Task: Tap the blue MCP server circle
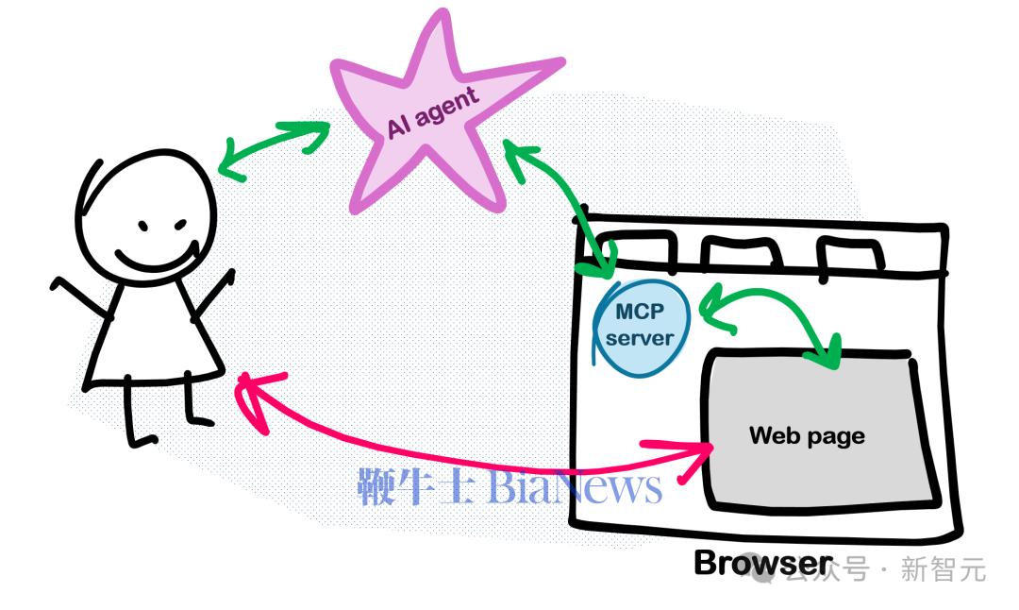643,326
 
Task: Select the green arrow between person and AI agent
274,148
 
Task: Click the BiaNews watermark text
509,486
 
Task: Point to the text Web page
807,435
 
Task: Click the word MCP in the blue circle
641,313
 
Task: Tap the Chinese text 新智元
944,569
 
